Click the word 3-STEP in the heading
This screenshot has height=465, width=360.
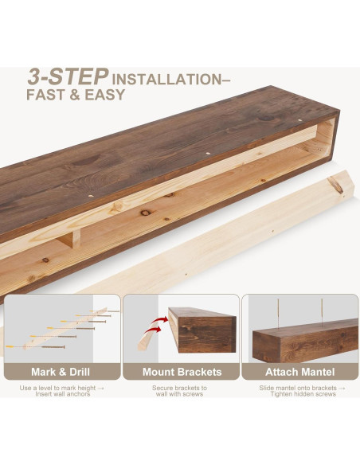(68, 76)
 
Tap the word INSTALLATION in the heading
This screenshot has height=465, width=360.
(166, 80)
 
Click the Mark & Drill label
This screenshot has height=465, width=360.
(61, 371)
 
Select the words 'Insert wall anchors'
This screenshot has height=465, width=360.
(61, 395)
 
